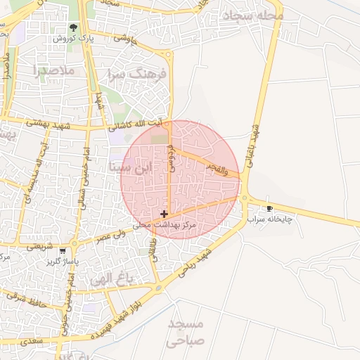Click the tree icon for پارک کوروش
73,28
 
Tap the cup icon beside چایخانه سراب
269,209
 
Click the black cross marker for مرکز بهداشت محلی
164,214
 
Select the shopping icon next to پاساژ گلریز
64,251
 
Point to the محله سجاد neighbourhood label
252,15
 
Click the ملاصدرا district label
53,70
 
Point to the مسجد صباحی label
186,333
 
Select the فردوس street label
171,157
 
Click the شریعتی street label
39,247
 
